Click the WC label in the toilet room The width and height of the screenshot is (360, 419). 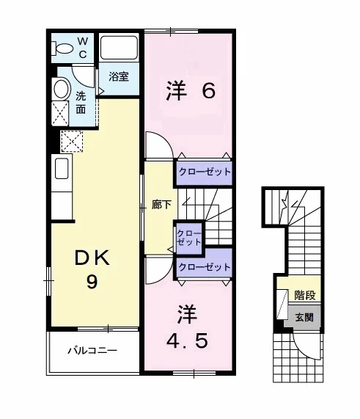(x=83, y=48)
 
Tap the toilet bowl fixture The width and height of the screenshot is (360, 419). (x=62, y=48)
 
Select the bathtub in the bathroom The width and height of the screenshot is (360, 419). (x=119, y=48)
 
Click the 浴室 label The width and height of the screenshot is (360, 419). (x=119, y=77)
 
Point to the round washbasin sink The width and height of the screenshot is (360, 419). (x=62, y=89)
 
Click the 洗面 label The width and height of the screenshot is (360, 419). (x=81, y=102)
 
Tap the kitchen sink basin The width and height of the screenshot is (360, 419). (x=62, y=168)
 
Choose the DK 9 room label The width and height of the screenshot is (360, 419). (x=92, y=269)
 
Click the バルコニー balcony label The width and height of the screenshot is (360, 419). (x=92, y=350)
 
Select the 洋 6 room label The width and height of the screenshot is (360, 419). (x=191, y=91)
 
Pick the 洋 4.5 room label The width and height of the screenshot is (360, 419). (x=187, y=327)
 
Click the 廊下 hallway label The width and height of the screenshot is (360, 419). (x=161, y=205)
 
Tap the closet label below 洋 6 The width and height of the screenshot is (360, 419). (x=205, y=172)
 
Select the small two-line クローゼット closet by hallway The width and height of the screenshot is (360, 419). (x=189, y=238)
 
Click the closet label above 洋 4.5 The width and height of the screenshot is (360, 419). (x=205, y=267)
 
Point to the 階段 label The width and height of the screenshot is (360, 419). (x=305, y=295)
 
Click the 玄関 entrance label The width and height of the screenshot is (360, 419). (x=304, y=317)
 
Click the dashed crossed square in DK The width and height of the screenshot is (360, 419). (x=72, y=142)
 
